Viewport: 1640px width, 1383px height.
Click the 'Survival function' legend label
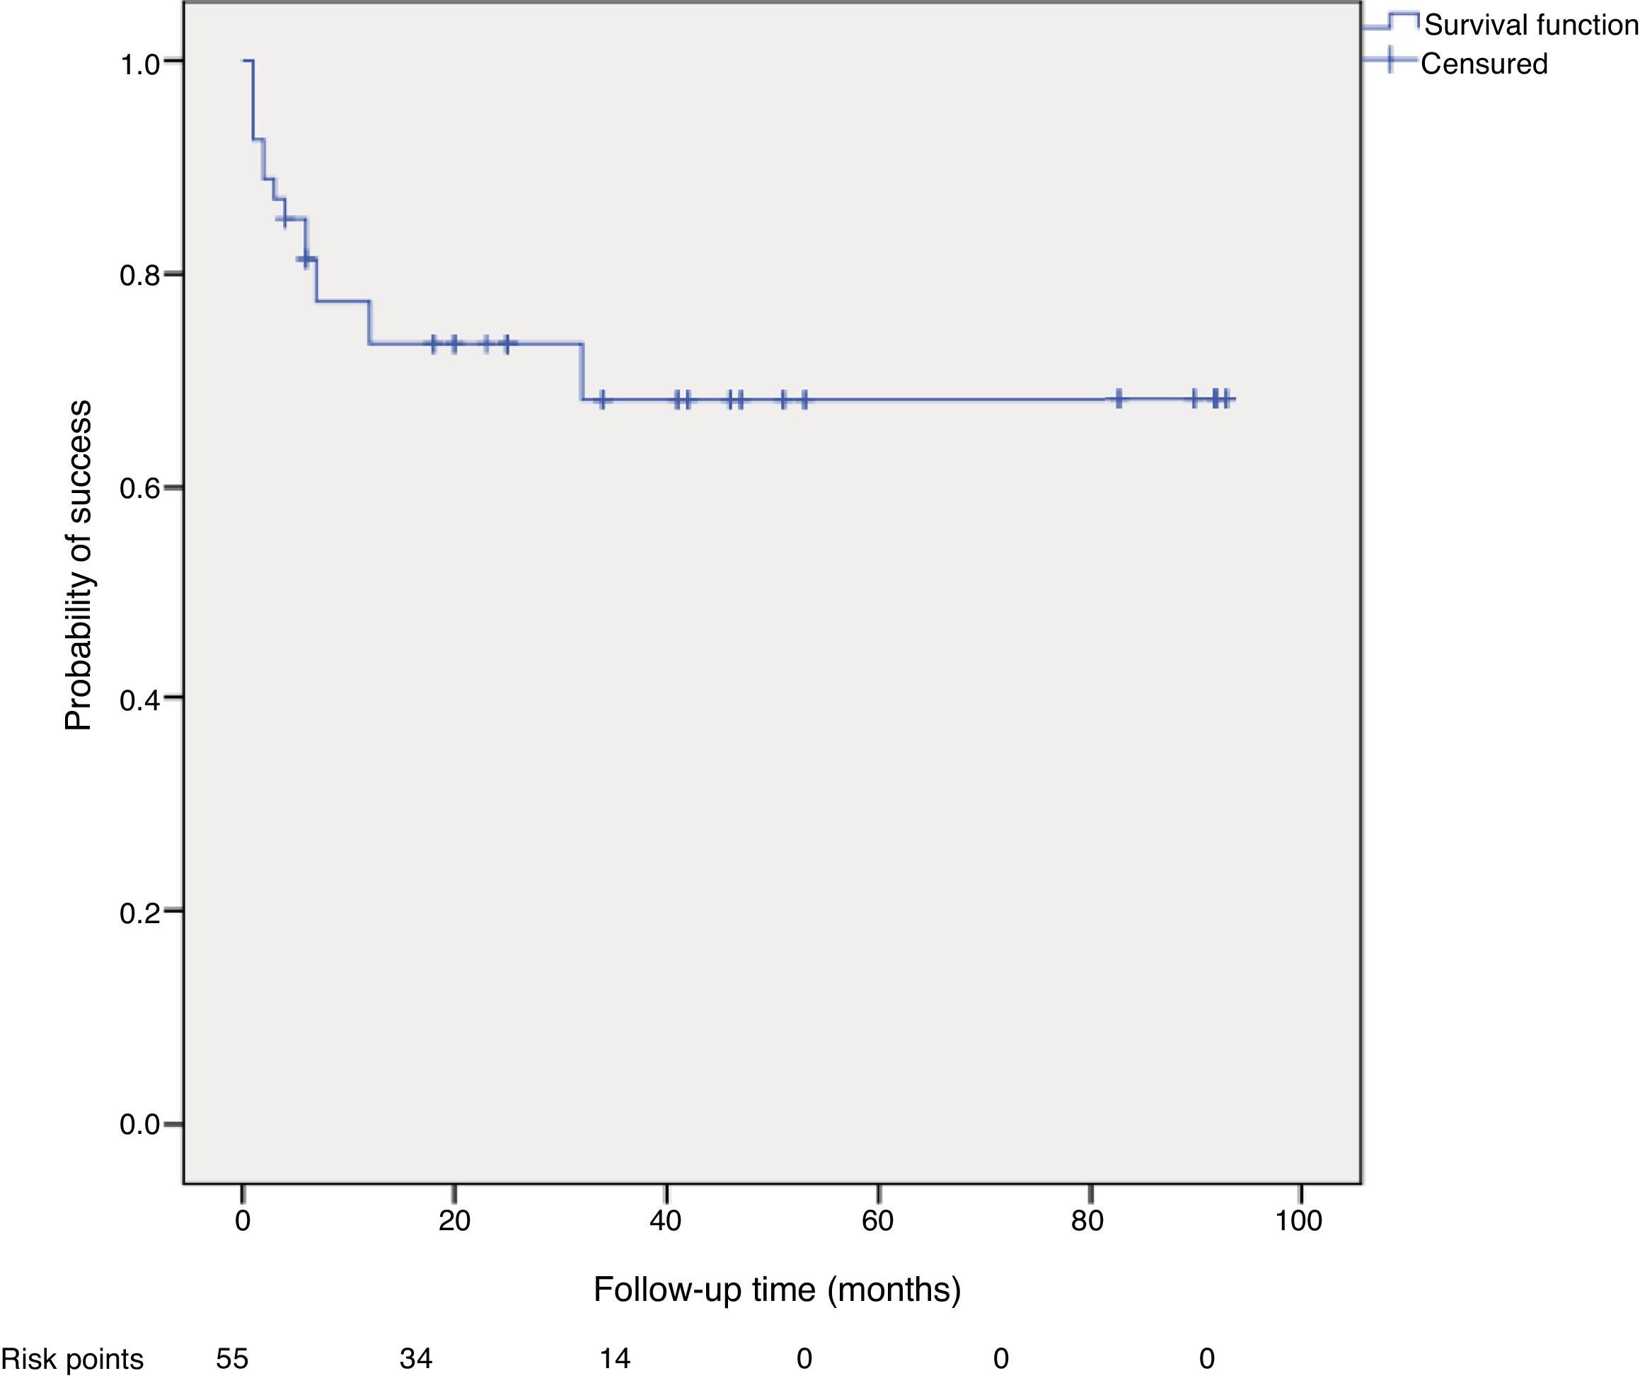1530,25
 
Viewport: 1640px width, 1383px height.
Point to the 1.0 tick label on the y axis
139,65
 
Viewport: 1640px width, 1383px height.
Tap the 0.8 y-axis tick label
139,276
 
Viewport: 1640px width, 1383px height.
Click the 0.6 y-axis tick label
139,490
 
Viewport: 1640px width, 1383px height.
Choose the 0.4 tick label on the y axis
139,700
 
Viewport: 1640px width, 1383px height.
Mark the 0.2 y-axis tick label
139,913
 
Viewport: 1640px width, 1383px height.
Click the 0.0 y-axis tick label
139,1125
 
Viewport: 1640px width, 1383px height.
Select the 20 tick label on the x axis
454,1221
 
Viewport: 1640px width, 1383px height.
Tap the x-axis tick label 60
877,1221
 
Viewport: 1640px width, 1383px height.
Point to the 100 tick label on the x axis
1299,1221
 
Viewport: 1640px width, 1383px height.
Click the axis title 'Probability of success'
79,566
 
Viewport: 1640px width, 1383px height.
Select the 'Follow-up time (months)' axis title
777,1290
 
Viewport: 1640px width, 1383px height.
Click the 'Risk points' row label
72,1359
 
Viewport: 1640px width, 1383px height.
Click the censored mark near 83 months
1119,398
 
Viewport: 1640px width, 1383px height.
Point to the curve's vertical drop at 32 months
582,371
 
